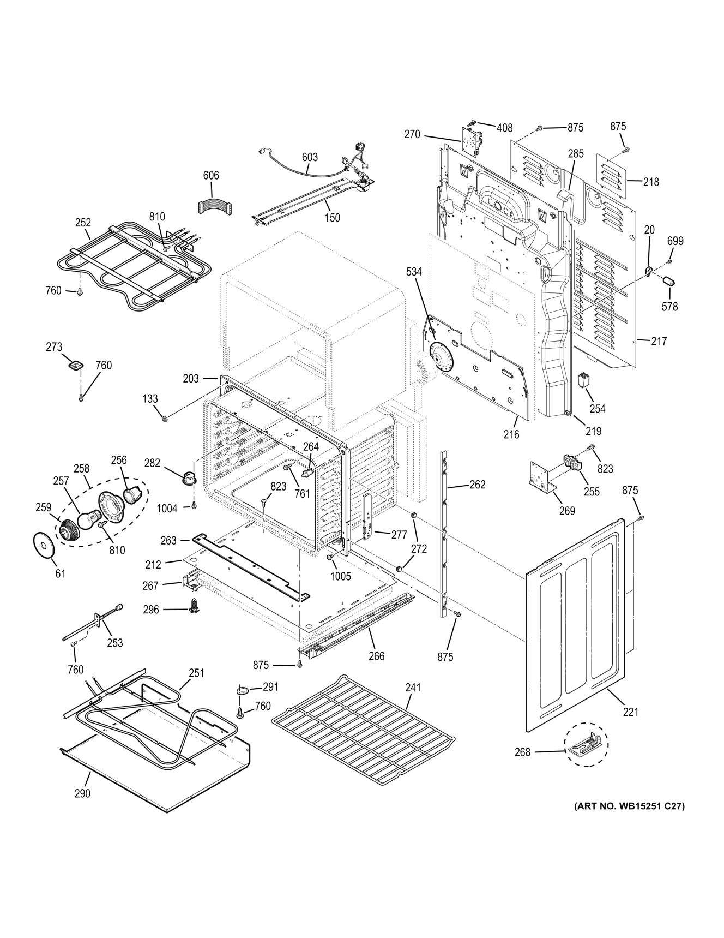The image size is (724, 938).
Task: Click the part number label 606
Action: (211, 175)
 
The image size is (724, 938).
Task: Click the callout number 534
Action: (413, 272)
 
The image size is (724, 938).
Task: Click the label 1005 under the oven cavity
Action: (341, 576)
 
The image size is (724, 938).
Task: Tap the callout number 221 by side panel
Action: (630, 712)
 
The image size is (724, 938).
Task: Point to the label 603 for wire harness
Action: (310, 157)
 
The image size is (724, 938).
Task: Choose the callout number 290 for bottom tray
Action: (82, 793)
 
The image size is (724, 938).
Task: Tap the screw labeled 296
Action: (192, 605)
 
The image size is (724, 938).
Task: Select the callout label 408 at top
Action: (504, 128)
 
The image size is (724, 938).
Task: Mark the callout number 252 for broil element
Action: (83, 223)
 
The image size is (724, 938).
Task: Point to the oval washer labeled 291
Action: (242, 690)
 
